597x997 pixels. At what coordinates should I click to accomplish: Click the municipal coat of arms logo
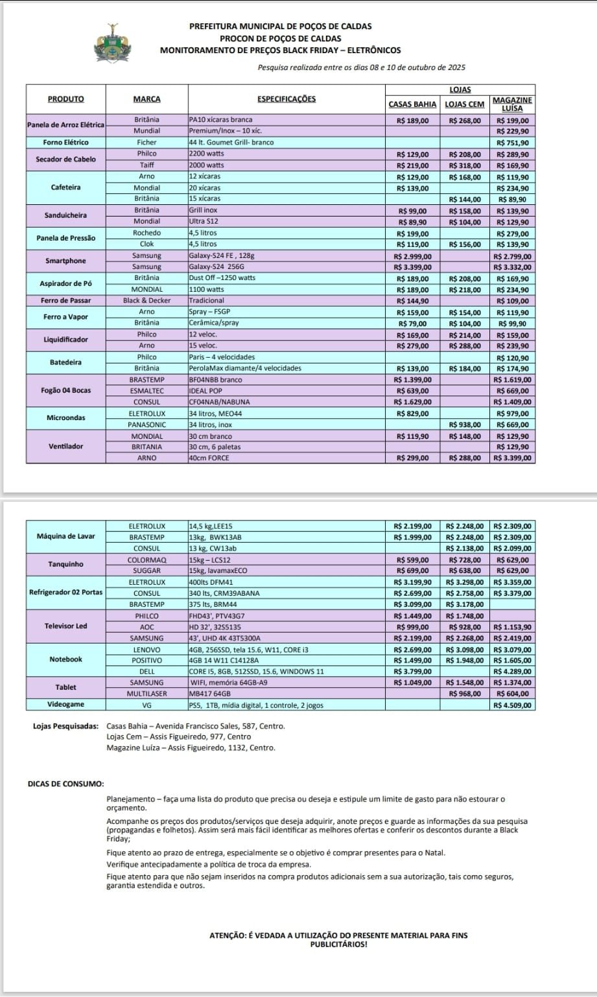(x=113, y=44)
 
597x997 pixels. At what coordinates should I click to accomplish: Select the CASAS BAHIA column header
(x=412, y=104)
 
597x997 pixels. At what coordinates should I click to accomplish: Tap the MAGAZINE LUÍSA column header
(x=512, y=104)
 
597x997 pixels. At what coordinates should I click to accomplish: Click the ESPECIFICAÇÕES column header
(x=287, y=99)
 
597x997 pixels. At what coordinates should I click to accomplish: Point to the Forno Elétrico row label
(x=65, y=143)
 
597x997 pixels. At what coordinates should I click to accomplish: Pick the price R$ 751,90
(x=512, y=143)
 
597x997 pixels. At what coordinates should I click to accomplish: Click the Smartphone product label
(x=65, y=261)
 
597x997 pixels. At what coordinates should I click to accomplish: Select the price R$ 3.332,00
(x=512, y=266)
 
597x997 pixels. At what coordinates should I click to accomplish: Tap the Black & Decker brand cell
(x=146, y=301)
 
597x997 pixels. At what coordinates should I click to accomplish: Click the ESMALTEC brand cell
(x=146, y=391)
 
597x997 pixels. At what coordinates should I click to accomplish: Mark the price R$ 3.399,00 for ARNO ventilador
(x=512, y=458)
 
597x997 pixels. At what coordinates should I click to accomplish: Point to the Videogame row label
(x=65, y=705)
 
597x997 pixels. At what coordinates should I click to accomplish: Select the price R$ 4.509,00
(x=512, y=705)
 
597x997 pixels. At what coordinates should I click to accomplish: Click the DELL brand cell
(x=146, y=672)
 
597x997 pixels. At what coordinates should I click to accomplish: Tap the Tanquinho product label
(x=65, y=564)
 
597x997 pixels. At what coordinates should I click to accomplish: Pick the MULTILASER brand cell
(x=146, y=694)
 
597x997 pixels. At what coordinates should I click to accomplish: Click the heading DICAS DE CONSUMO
(x=65, y=783)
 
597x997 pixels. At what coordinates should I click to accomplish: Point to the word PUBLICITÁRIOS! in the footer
(x=339, y=944)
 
